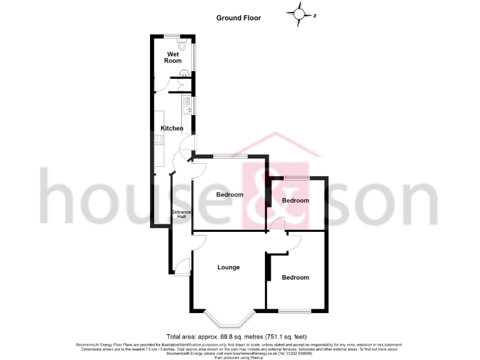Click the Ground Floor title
(238, 18)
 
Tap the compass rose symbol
(301, 12)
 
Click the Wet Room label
(173, 57)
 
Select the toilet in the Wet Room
(182, 46)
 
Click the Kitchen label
(172, 128)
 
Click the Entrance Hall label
(181, 214)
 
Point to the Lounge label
(229, 267)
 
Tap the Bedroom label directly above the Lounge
(229, 194)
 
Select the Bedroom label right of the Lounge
(295, 277)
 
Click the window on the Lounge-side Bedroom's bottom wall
(295, 311)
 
